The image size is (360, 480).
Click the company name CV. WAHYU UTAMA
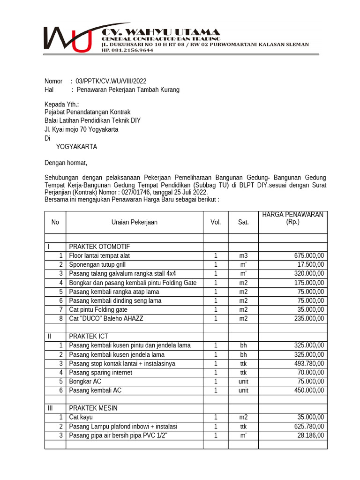[161, 32]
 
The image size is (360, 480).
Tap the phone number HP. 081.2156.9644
[127, 50]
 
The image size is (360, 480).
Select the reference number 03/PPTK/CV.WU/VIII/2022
[107, 81]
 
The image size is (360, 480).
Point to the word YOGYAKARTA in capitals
[76, 147]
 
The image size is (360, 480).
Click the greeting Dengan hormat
[66, 163]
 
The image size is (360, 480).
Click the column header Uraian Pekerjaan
[134, 222]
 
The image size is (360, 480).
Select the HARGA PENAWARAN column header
[292, 218]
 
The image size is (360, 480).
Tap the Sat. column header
[243, 222]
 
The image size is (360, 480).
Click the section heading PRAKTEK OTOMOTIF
[99, 247]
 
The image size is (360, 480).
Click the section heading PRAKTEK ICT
[89, 336]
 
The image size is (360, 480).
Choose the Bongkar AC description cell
[85, 381]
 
